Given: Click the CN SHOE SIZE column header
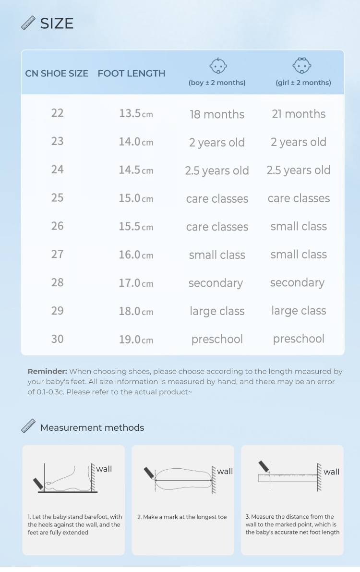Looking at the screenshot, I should (57, 73).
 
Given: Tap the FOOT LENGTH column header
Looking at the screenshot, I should (132, 73).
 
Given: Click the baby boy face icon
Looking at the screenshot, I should (218, 66).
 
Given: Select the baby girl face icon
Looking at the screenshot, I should (302, 66).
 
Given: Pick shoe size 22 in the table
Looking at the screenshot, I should (58, 113).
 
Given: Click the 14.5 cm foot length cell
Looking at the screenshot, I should (136, 170).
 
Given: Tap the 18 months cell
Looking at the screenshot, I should (217, 114).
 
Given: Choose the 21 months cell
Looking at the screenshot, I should (299, 114).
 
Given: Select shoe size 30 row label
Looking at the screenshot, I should (58, 339).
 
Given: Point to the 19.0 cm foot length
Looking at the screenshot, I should (136, 340).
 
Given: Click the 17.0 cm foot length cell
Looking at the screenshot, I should (136, 283).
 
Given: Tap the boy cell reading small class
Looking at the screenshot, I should (217, 255).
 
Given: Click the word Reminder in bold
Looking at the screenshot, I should (47, 371).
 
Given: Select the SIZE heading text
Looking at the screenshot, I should (57, 24).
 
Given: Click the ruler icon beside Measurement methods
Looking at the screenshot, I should (29, 426).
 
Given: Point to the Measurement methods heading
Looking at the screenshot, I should (92, 427).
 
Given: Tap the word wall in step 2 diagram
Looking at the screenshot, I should (225, 471).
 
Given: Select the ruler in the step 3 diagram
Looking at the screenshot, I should (288, 477).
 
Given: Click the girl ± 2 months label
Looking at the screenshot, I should (303, 83).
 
